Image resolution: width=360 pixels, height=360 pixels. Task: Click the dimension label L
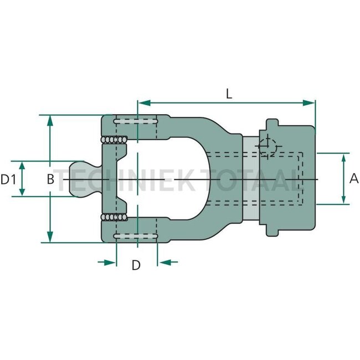pos(228,94)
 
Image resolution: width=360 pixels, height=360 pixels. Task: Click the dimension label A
pos(354,178)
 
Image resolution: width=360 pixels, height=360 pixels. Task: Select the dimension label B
pos(50,179)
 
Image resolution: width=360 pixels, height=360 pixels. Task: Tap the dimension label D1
pos(8,179)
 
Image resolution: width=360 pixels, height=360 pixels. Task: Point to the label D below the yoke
pos(136,265)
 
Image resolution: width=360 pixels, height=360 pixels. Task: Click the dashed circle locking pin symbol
pos(268,147)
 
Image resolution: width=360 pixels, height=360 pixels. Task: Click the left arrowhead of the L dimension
pos(142,102)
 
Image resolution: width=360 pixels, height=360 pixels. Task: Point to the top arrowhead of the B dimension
pos(50,120)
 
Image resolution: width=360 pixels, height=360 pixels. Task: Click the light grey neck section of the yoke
pos(250,178)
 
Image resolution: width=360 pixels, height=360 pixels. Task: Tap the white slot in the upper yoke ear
pos(136,121)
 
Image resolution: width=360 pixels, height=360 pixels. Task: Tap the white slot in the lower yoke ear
pos(136,238)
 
